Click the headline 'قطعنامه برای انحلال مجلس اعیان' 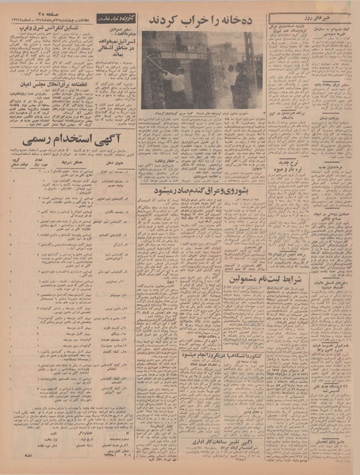(49, 80)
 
